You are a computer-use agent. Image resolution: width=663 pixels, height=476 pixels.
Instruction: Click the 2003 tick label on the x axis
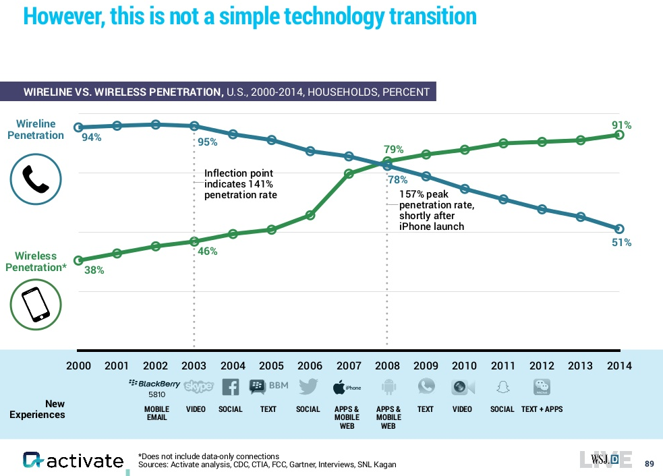point(194,366)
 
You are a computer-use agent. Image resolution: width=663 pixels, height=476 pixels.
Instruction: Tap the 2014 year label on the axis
point(619,366)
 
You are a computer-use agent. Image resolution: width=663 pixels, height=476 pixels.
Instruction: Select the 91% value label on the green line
point(622,125)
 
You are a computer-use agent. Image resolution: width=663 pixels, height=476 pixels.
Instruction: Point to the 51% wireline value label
point(622,243)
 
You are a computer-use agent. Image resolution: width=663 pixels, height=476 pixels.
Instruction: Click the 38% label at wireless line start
point(94,270)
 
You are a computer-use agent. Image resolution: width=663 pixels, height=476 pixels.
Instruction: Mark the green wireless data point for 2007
point(349,174)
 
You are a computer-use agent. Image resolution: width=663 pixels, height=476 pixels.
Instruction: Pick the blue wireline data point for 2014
point(620,229)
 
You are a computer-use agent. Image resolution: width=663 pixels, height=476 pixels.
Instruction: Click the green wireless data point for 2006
point(310,215)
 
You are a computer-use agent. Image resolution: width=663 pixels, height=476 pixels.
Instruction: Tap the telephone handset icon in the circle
point(36,179)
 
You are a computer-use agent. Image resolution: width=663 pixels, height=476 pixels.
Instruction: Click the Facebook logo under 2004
point(231,387)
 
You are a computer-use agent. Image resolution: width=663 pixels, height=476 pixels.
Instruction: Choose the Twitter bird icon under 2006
point(308,387)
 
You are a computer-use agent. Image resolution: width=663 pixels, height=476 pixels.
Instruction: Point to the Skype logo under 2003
point(199,387)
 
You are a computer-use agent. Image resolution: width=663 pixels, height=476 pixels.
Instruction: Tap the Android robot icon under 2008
point(388,387)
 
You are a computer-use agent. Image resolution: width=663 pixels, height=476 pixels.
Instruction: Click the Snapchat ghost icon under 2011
point(502,387)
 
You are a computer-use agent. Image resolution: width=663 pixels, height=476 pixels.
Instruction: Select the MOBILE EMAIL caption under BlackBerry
point(157,413)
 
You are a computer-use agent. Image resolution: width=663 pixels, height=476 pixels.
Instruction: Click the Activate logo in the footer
point(74,460)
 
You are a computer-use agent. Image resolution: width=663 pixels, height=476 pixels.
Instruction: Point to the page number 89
point(650,463)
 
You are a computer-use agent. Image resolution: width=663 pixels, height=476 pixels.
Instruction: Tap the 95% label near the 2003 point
point(208,142)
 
